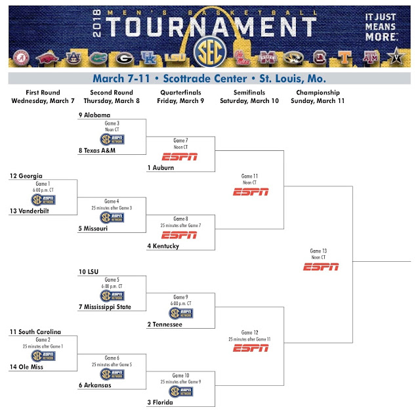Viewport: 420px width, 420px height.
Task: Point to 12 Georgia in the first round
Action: (x=26, y=176)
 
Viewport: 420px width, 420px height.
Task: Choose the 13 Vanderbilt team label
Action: (x=30, y=211)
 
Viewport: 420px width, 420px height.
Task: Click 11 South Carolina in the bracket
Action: (x=35, y=332)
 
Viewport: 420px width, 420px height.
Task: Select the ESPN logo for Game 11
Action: (x=250, y=192)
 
